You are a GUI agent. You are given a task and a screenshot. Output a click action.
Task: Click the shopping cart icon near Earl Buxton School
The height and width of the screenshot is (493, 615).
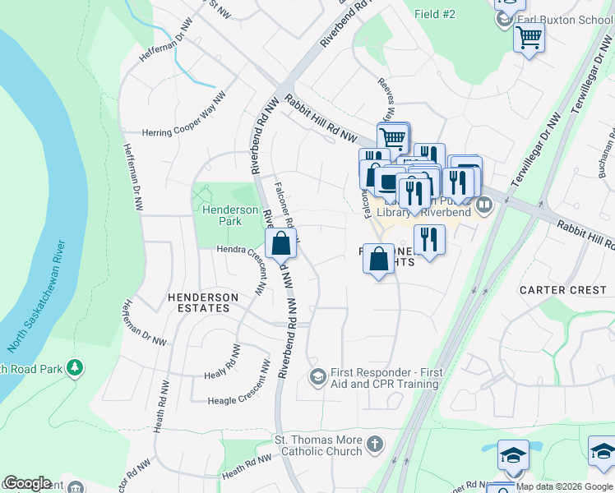point(529,36)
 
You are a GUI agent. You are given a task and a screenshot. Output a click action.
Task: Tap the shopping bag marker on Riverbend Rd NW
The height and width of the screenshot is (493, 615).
point(280,243)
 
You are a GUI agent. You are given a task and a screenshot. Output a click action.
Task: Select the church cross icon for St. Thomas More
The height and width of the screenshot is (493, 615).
point(374,445)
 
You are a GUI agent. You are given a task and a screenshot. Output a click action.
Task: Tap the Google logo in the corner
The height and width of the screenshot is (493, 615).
point(26,483)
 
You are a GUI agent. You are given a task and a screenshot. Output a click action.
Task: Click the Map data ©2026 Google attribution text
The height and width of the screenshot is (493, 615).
point(564,486)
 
